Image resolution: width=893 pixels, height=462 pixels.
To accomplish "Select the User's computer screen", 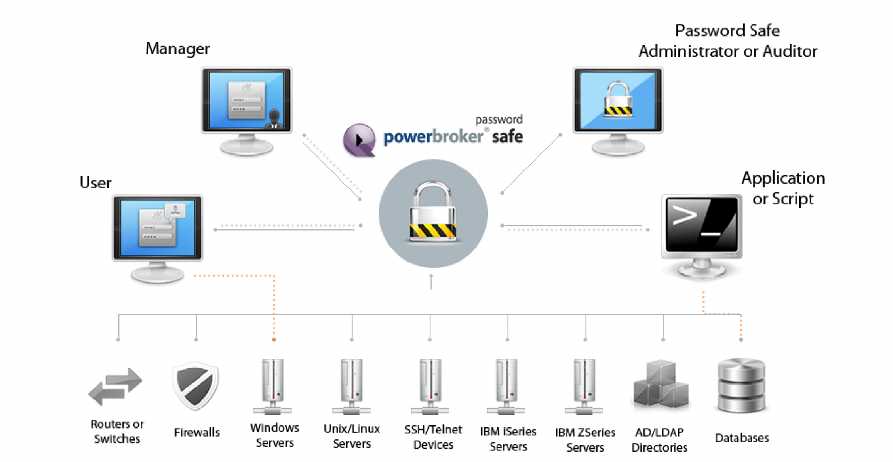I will tap(158, 227).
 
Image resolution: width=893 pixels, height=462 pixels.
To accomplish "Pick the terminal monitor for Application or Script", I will tap(702, 225).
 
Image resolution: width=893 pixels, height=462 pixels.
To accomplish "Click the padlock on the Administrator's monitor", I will tap(618, 99).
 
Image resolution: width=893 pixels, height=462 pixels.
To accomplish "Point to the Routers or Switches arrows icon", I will tap(115, 387).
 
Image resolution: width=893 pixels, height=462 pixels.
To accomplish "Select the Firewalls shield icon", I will tap(195, 386).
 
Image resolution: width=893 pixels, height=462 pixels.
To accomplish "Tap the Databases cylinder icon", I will tap(741, 386).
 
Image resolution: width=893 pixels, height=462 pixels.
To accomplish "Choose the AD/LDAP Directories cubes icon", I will tap(660, 384).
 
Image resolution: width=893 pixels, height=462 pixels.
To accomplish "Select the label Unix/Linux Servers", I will tap(352, 436).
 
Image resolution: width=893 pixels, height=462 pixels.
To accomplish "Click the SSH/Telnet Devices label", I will tap(433, 437).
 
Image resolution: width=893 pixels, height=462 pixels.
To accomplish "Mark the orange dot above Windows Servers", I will tap(274, 340).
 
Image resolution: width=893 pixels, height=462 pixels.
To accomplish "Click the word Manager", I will tap(178, 48).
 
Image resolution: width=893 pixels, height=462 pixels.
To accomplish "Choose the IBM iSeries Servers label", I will tap(508, 439).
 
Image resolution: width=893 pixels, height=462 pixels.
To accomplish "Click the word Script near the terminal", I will tap(793, 199).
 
